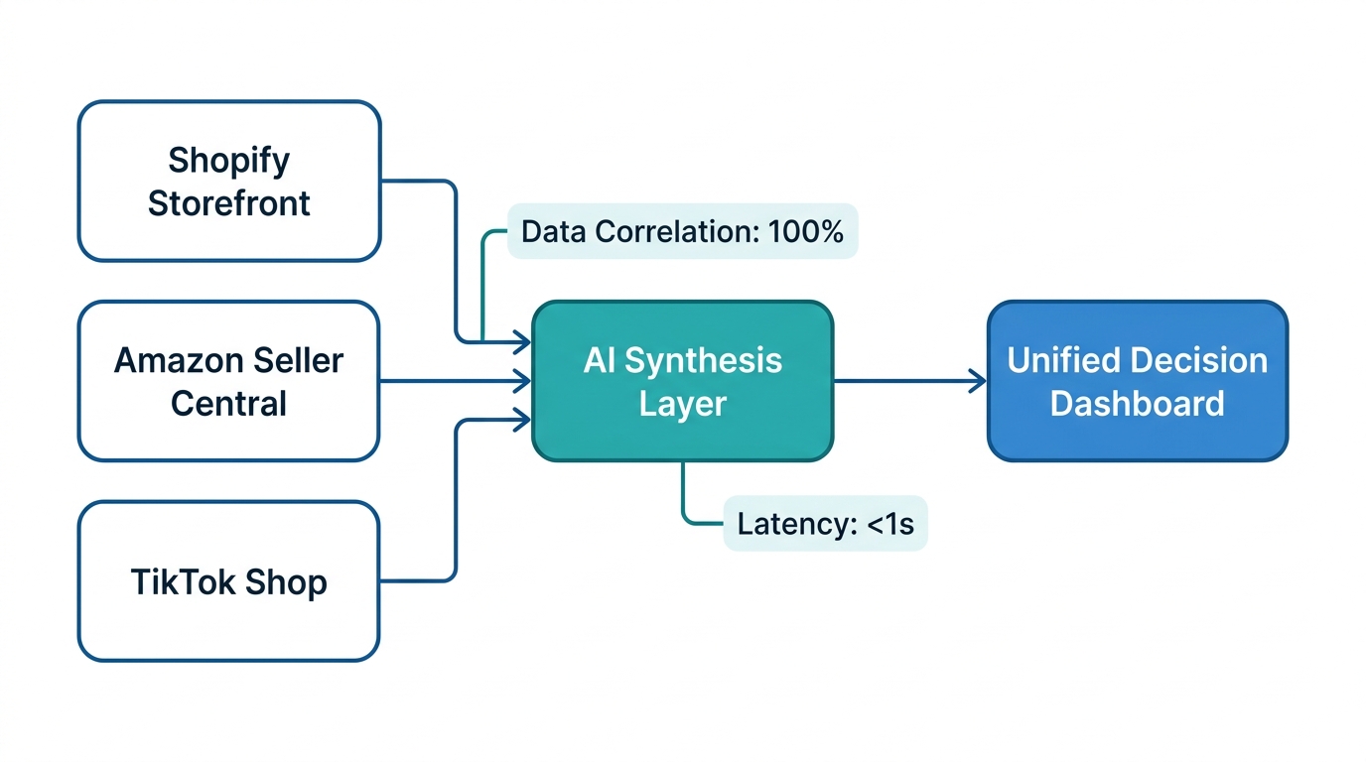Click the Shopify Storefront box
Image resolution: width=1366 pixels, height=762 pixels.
coord(228,181)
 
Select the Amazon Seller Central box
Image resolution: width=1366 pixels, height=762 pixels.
coord(228,381)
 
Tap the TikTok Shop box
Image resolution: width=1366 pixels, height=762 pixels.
coord(228,580)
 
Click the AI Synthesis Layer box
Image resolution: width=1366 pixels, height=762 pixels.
coord(682,381)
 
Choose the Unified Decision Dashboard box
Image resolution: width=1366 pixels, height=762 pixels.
coord(1137,381)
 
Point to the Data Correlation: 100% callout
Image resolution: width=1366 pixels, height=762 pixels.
coord(682,232)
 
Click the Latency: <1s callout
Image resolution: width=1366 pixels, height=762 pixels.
coord(825,524)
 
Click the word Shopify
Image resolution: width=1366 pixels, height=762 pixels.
coord(228,160)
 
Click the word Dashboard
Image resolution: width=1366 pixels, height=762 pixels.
coord(1137,404)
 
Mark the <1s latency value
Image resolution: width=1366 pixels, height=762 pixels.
coord(889,524)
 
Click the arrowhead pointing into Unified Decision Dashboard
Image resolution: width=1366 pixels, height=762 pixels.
coord(979,381)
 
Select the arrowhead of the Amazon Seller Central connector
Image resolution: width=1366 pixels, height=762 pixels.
coord(523,381)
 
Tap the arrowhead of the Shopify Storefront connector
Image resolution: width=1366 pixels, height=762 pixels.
coord(523,343)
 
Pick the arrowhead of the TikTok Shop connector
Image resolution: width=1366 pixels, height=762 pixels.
coord(523,420)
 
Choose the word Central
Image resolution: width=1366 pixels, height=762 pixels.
coord(228,404)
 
